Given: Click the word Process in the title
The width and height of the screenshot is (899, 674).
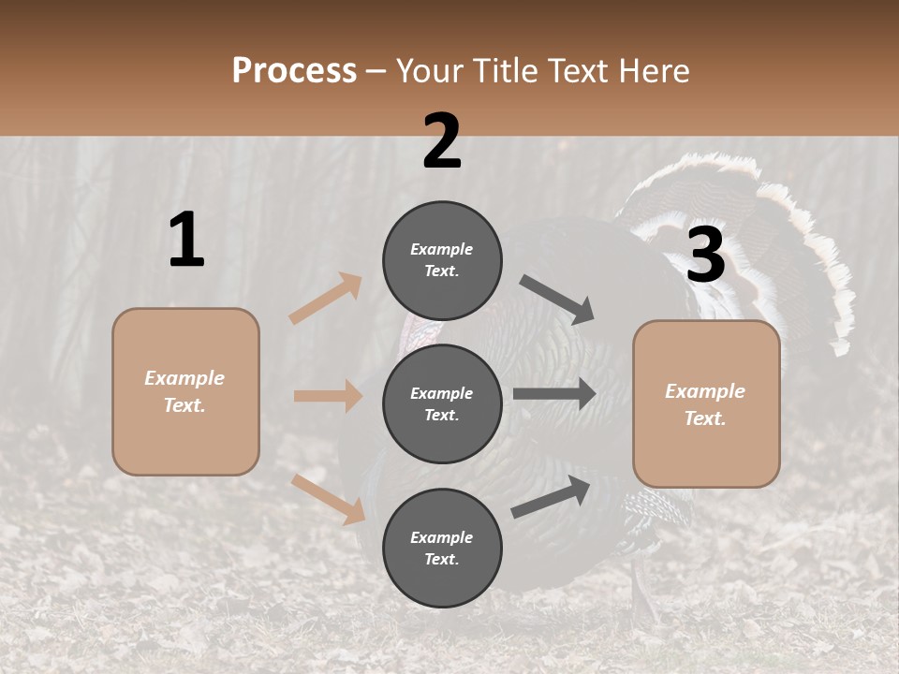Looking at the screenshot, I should [294, 70].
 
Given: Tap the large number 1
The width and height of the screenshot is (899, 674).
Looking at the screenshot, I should [186, 241].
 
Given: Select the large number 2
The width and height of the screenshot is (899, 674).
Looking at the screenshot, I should [442, 141].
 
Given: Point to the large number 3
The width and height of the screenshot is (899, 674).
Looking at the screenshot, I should [705, 256].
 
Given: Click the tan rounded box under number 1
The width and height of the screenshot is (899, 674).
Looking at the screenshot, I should [185, 391].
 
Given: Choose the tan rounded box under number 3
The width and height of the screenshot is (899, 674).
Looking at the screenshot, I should [706, 404].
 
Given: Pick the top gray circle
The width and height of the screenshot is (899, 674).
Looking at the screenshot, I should [442, 260].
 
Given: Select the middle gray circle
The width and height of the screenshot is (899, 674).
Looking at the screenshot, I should [442, 403].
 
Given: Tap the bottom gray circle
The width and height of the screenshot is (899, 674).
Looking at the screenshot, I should [442, 548].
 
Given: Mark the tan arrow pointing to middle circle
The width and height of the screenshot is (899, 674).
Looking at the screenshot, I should [328, 396].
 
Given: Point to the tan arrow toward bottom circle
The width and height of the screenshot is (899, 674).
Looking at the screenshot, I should [328, 498].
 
